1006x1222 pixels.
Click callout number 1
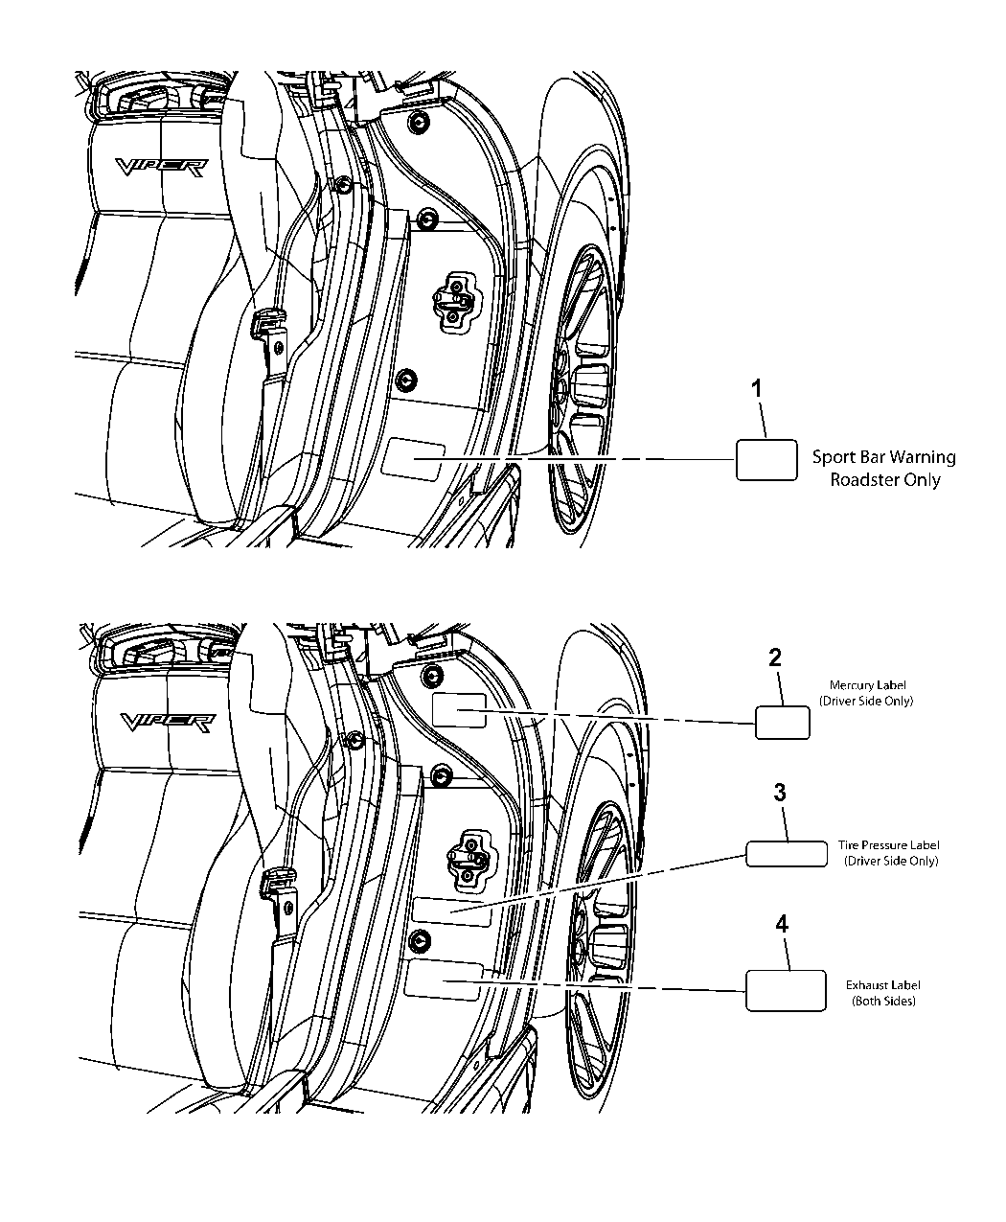pyautogui.click(x=757, y=390)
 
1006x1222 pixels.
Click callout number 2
pyautogui.click(x=774, y=658)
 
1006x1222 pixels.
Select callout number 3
pyautogui.click(x=780, y=793)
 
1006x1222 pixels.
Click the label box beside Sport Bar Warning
pyautogui.click(x=766, y=459)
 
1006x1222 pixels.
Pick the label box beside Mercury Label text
pyautogui.click(x=783, y=723)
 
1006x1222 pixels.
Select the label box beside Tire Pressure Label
pyautogui.click(x=786, y=853)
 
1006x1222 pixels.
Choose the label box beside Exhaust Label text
pyautogui.click(x=786, y=989)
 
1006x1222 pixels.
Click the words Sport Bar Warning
pyautogui.click(x=883, y=457)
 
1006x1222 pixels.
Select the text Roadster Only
pyautogui.click(x=884, y=480)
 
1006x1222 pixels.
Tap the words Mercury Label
pyautogui.click(x=866, y=685)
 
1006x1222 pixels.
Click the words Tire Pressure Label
pyautogui.click(x=883, y=845)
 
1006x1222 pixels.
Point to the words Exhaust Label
pyautogui.click(x=883, y=984)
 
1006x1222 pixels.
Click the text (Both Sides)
pyautogui.click(x=883, y=1001)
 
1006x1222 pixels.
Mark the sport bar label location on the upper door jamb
pyautogui.click(x=412, y=459)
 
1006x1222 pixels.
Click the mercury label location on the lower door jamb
pyautogui.click(x=460, y=710)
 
